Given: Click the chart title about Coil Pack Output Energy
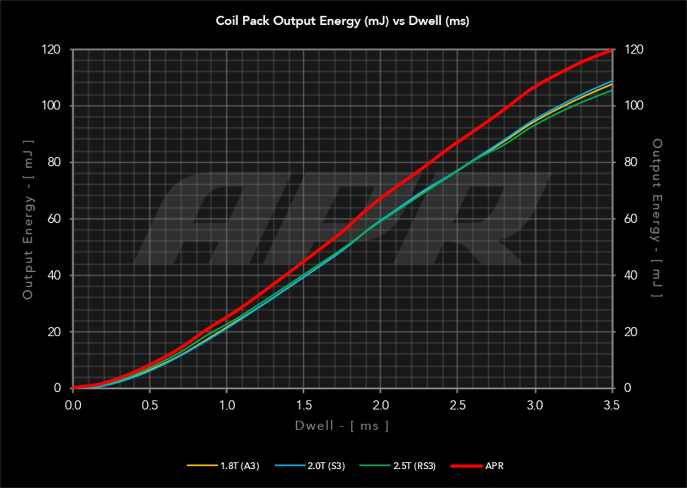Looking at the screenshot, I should coord(343,21).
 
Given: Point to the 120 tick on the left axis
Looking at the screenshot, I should coord(51,49).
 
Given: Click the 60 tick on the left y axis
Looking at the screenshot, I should coord(54,219).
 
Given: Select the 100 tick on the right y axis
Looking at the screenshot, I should coord(634,106).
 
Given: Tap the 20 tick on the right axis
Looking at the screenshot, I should coord(631,332).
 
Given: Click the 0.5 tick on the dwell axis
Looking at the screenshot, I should coord(150,405).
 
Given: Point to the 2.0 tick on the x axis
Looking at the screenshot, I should coord(381,405).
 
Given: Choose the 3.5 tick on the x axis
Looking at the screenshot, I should coord(611,405).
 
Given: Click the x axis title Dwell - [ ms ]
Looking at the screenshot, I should coord(342,426).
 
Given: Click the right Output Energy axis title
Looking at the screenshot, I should coord(657,218).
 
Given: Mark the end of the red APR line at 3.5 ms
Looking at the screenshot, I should coord(611,50).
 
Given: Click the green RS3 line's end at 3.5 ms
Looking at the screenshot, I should coord(611,91).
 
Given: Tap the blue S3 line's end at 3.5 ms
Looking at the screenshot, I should coord(611,82).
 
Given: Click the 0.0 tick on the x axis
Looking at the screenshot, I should coord(73,405).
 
